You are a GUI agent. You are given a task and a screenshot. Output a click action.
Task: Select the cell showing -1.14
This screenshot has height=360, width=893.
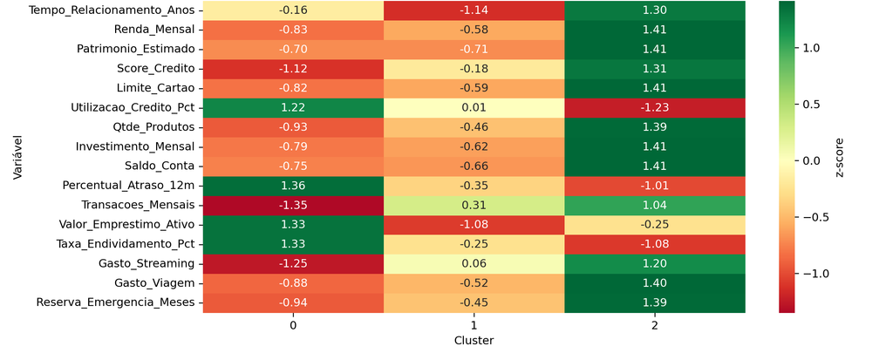pos(474,10)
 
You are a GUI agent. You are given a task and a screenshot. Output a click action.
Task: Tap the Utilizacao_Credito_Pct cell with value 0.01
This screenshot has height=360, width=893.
pos(474,108)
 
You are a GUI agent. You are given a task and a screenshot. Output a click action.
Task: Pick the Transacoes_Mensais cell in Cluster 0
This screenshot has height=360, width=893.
pos(293,205)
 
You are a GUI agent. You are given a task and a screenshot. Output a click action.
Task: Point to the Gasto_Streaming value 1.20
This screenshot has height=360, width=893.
pos(655,263)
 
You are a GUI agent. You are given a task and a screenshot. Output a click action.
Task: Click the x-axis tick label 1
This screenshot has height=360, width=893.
pos(474,326)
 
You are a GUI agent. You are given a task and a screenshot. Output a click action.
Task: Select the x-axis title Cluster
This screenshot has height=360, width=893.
pos(474,341)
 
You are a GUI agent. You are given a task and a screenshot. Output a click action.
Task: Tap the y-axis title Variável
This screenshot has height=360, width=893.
pos(19,157)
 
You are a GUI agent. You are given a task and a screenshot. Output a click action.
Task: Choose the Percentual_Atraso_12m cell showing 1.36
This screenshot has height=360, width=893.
pos(293,186)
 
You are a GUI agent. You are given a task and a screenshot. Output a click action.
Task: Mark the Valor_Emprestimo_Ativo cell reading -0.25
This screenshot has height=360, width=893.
pos(655,224)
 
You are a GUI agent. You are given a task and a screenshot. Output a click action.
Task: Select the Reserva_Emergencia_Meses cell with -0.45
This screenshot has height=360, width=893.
pos(474,302)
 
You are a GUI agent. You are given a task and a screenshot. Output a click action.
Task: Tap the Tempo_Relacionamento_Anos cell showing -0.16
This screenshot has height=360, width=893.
pos(293,10)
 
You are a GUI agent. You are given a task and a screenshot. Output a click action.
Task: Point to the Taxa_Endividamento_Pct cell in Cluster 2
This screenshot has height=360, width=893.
pos(655,244)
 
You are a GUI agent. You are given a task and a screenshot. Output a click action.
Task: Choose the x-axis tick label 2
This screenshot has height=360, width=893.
pos(655,326)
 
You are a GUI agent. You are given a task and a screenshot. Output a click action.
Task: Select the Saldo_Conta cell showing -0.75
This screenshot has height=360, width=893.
pos(293,166)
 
